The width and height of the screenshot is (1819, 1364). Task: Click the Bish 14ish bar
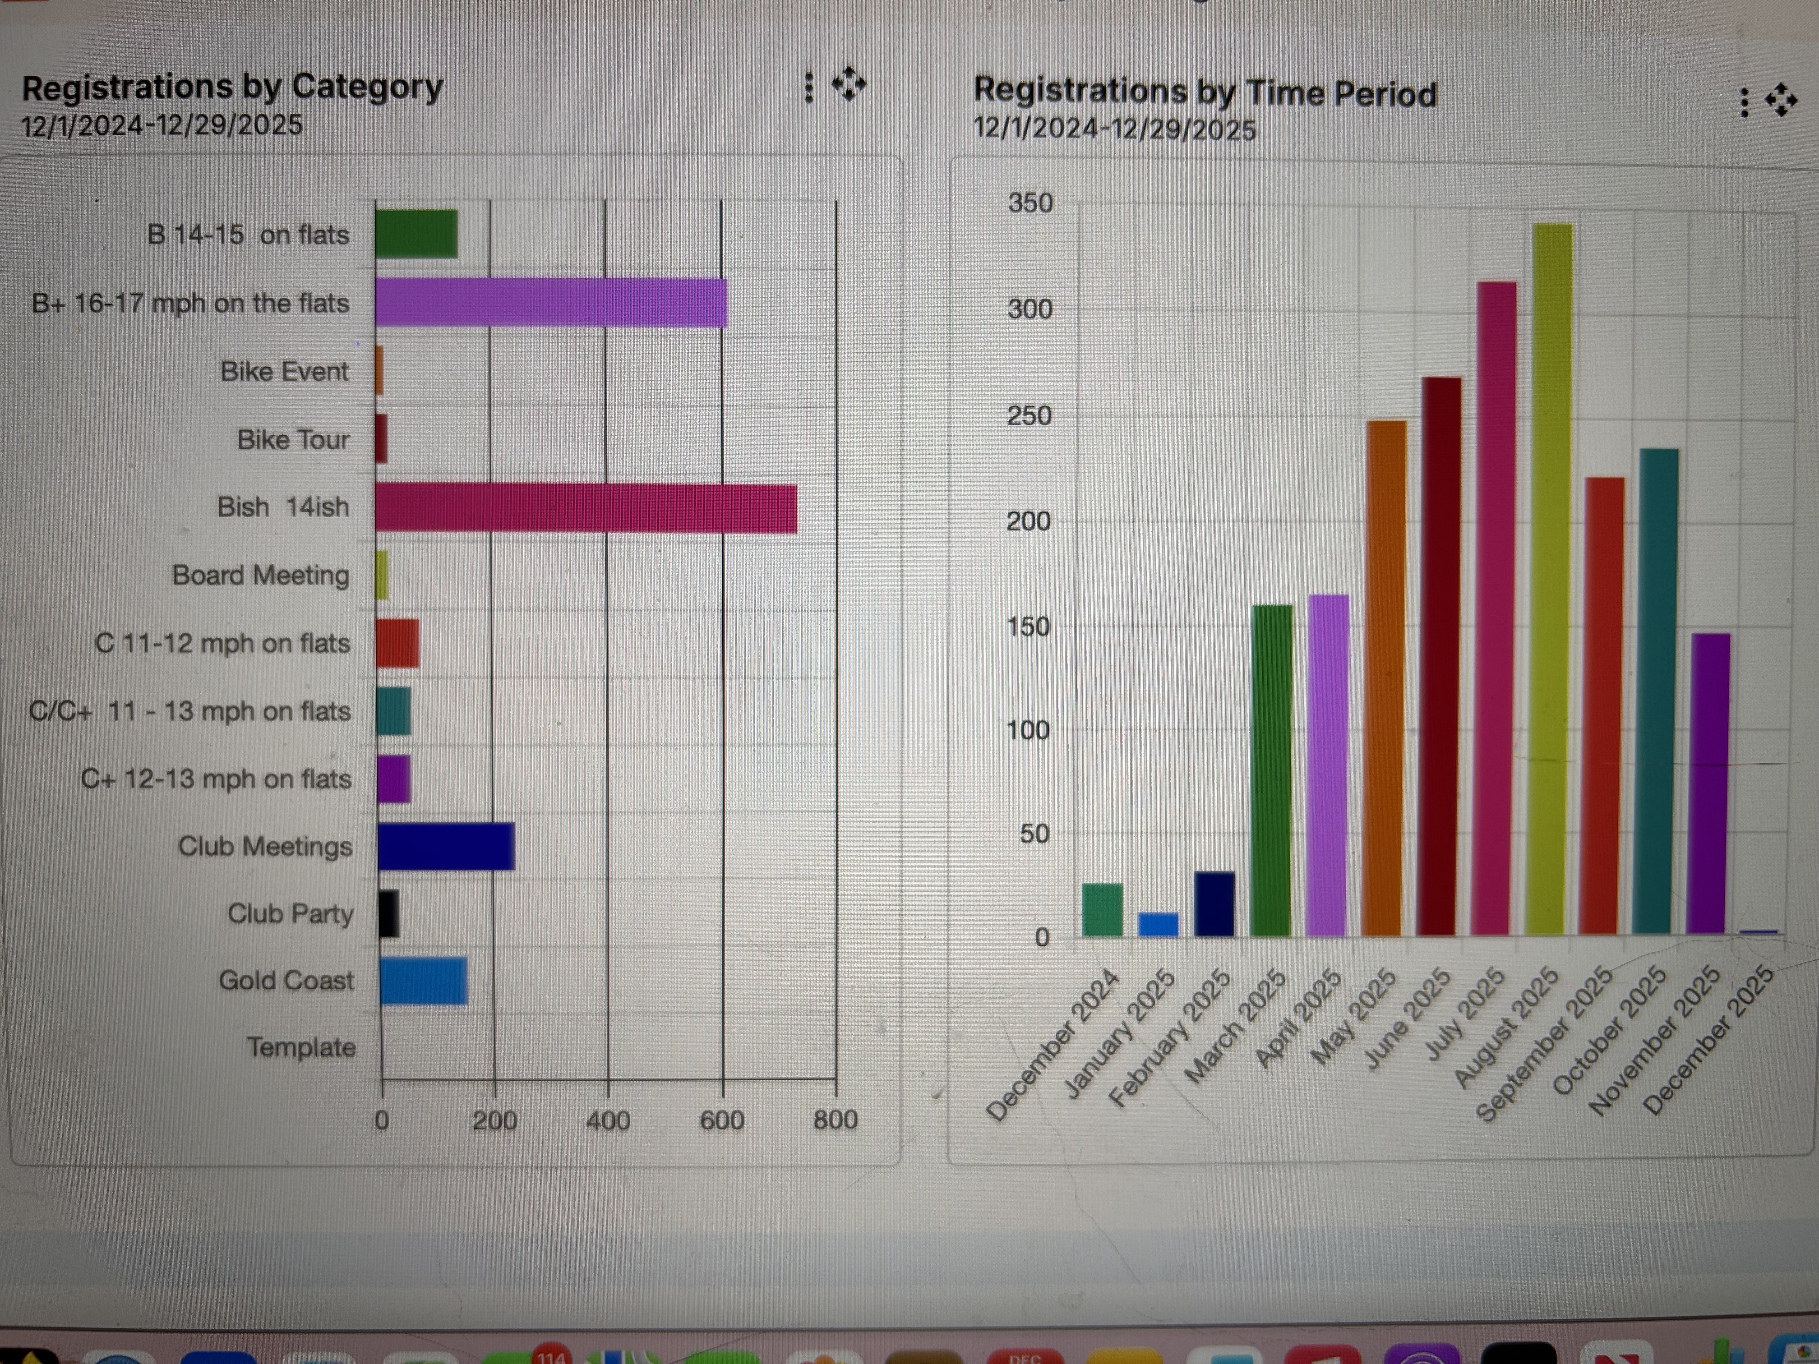click(586, 509)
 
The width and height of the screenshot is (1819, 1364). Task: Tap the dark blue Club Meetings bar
click(447, 846)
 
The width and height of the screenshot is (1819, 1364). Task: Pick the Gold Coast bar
click(424, 981)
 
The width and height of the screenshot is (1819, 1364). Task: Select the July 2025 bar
click(1496, 608)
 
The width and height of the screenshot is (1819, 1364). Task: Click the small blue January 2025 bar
click(1158, 925)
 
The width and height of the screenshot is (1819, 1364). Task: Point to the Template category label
click(301, 1047)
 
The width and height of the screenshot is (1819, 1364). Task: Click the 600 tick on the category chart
click(721, 1120)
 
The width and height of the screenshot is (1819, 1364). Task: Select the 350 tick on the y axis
click(1030, 203)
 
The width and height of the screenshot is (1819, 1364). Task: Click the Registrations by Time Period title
click(1205, 92)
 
